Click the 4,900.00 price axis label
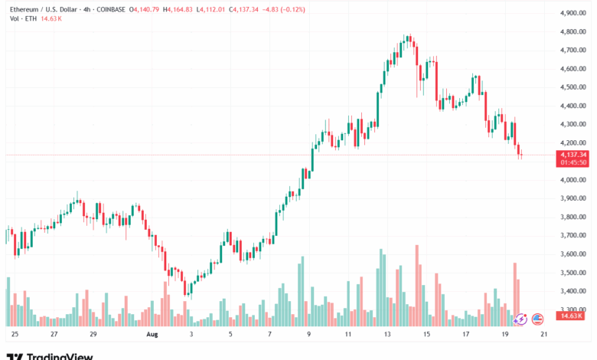click(x=573, y=13)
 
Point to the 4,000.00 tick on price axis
click(x=573, y=180)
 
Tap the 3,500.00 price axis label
click(x=573, y=273)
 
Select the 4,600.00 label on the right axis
click(x=573, y=69)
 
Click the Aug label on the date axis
click(x=152, y=334)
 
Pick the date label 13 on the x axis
click(x=387, y=334)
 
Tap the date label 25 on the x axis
click(x=15, y=334)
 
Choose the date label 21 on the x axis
click(x=544, y=334)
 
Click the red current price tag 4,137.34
click(x=573, y=155)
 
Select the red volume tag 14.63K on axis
click(x=570, y=316)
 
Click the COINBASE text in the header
click(x=111, y=9)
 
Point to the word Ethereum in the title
click(x=24, y=9)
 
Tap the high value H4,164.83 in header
click(x=178, y=9)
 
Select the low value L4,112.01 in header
click(x=210, y=9)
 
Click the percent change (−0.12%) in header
click(x=293, y=9)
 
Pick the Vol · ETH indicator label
click(x=23, y=18)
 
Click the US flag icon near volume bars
click(x=537, y=319)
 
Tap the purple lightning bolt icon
click(x=520, y=319)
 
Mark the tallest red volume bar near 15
click(x=417, y=286)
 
